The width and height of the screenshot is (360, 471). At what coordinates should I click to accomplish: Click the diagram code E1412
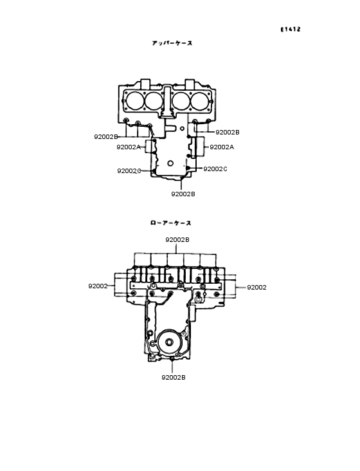click(291, 30)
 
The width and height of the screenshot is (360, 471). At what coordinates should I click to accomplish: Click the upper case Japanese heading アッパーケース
click(172, 43)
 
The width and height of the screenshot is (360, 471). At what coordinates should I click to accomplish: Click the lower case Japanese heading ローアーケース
click(170, 223)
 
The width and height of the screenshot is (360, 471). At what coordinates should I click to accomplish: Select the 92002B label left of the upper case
click(105, 137)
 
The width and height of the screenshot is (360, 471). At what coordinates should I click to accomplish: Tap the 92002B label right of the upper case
click(227, 132)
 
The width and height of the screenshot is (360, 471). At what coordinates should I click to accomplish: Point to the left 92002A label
click(129, 147)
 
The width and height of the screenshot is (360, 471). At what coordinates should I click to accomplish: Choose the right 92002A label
click(222, 147)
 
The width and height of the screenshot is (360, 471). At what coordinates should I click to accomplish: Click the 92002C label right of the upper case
click(215, 169)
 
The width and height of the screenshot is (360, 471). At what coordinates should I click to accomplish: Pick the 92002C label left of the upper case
click(129, 171)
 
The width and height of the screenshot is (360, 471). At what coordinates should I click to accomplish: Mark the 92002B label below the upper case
click(183, 194)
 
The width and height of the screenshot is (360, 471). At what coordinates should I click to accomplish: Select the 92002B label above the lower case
click(177, 239)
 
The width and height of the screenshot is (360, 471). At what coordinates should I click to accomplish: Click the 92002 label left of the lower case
click(98, 286)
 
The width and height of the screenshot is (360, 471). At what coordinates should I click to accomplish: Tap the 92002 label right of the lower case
click(256, 288)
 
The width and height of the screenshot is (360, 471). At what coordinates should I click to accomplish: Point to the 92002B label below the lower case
click(173, 378)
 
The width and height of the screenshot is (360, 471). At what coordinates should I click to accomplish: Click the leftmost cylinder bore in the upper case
click(135, 101)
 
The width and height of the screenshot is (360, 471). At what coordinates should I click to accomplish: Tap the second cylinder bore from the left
click(154, 101)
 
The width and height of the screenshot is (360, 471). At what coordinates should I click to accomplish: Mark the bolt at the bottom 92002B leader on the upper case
click(172, 174)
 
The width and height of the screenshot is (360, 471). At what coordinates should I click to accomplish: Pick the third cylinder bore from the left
click(181, 101)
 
